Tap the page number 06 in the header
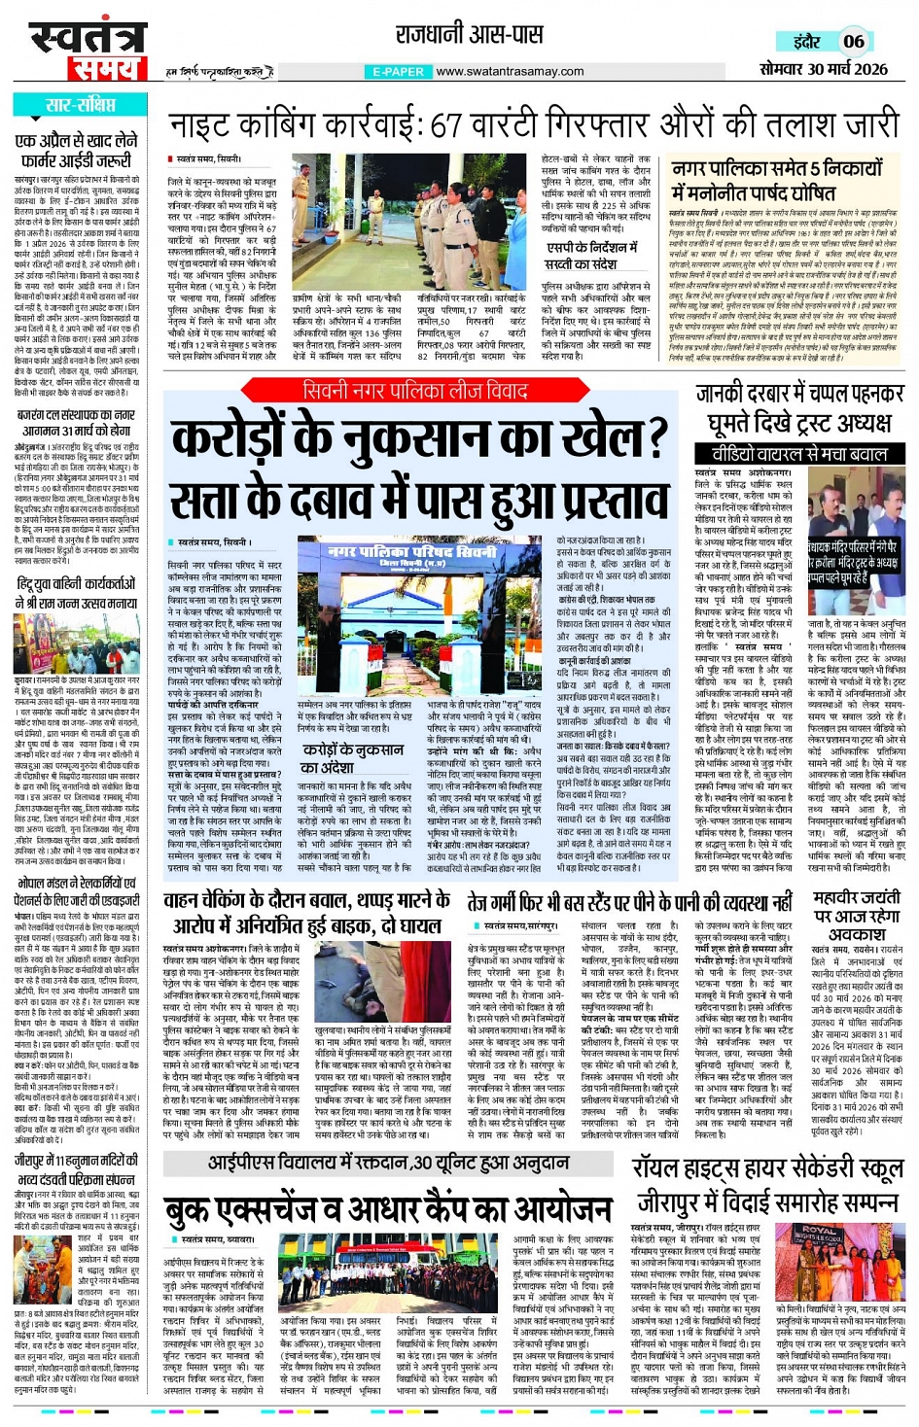pyautogui.click(x=853, y=41)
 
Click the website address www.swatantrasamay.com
pyautogui.click(x=510, y=71)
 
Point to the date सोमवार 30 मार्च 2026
pyautogui.click(x=823, y=68)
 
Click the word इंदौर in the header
pyautogui.click(x=806, y=42)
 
